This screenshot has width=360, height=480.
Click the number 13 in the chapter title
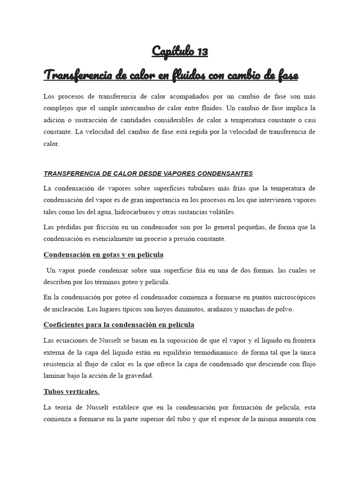pos(201,52)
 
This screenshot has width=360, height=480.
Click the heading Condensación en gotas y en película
pos(103,255)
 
